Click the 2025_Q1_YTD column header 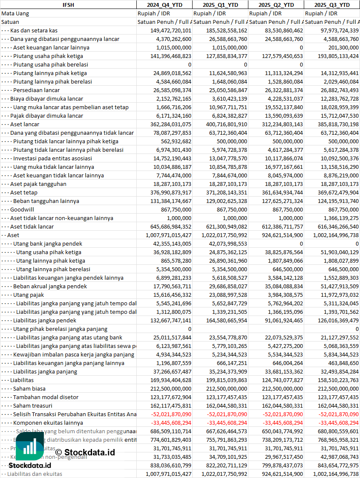220,5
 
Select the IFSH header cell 68,5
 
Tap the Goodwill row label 22,209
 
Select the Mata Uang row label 15,13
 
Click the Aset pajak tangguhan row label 38,184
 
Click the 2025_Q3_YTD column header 332,5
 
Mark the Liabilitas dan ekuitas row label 35,474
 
